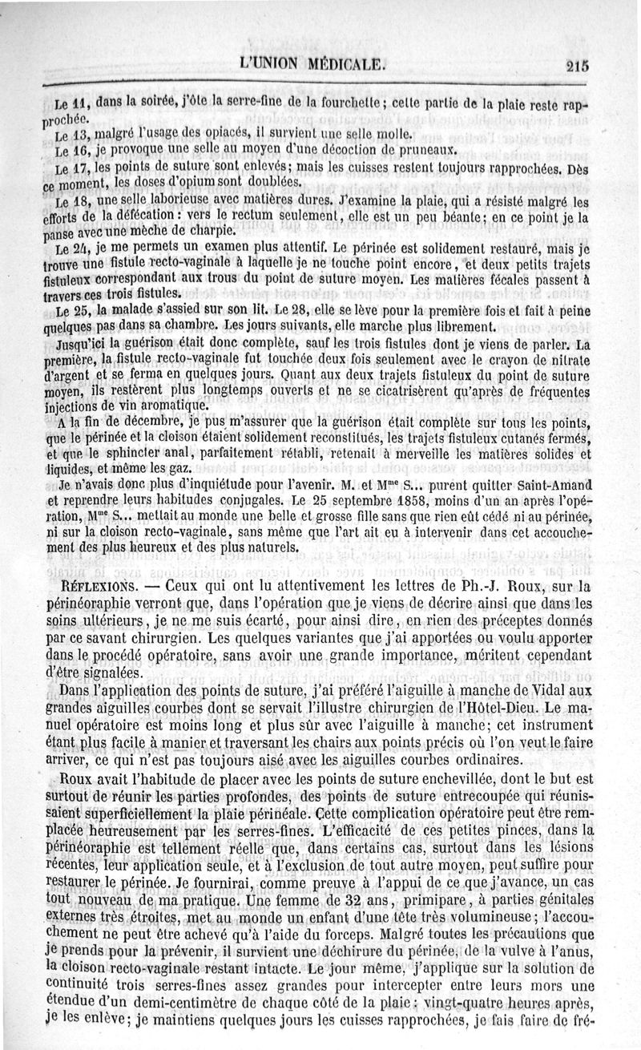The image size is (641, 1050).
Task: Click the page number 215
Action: click(577, 67)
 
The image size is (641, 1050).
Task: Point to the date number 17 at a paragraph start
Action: click(79, 169)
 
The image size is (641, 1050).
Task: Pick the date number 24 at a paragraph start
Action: click(79, 251)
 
